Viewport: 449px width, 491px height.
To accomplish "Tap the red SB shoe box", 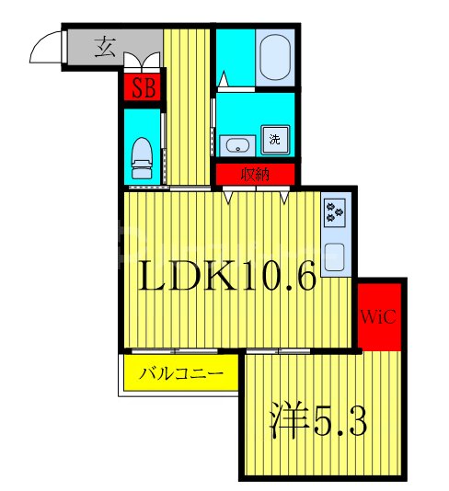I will pyautogui.click(x=142, y=88).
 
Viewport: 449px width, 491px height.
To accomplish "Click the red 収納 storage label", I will pyautogui.click(x=255, y=173).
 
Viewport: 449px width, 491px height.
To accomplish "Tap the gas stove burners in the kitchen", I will pyautogui.click(x=333, y=213).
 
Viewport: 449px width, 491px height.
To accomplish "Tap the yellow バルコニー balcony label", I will pyautogui.click(x=181, y=374).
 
